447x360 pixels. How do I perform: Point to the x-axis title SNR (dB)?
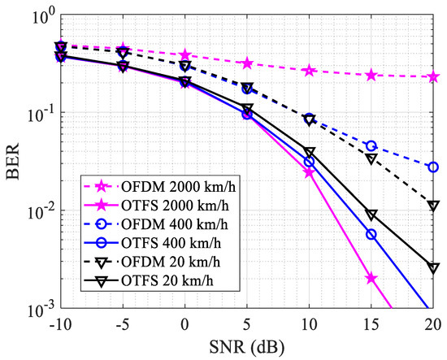point(247,348)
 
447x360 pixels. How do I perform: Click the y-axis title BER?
point(13,162)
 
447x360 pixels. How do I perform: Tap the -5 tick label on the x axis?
point(123,325)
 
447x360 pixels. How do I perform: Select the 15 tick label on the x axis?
point(371,325)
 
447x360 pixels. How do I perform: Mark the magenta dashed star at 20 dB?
point(433,76)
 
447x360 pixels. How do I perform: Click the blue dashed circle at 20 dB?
point(433,167)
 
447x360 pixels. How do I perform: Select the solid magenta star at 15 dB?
point(371,278)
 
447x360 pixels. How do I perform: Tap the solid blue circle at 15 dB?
point(371,235)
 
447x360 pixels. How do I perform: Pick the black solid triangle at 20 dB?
point(433,268)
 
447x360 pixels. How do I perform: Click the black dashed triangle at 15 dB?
point(371,158)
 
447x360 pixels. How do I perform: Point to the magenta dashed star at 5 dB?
point(247,63)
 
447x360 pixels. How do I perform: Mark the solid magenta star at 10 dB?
point(309,172)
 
